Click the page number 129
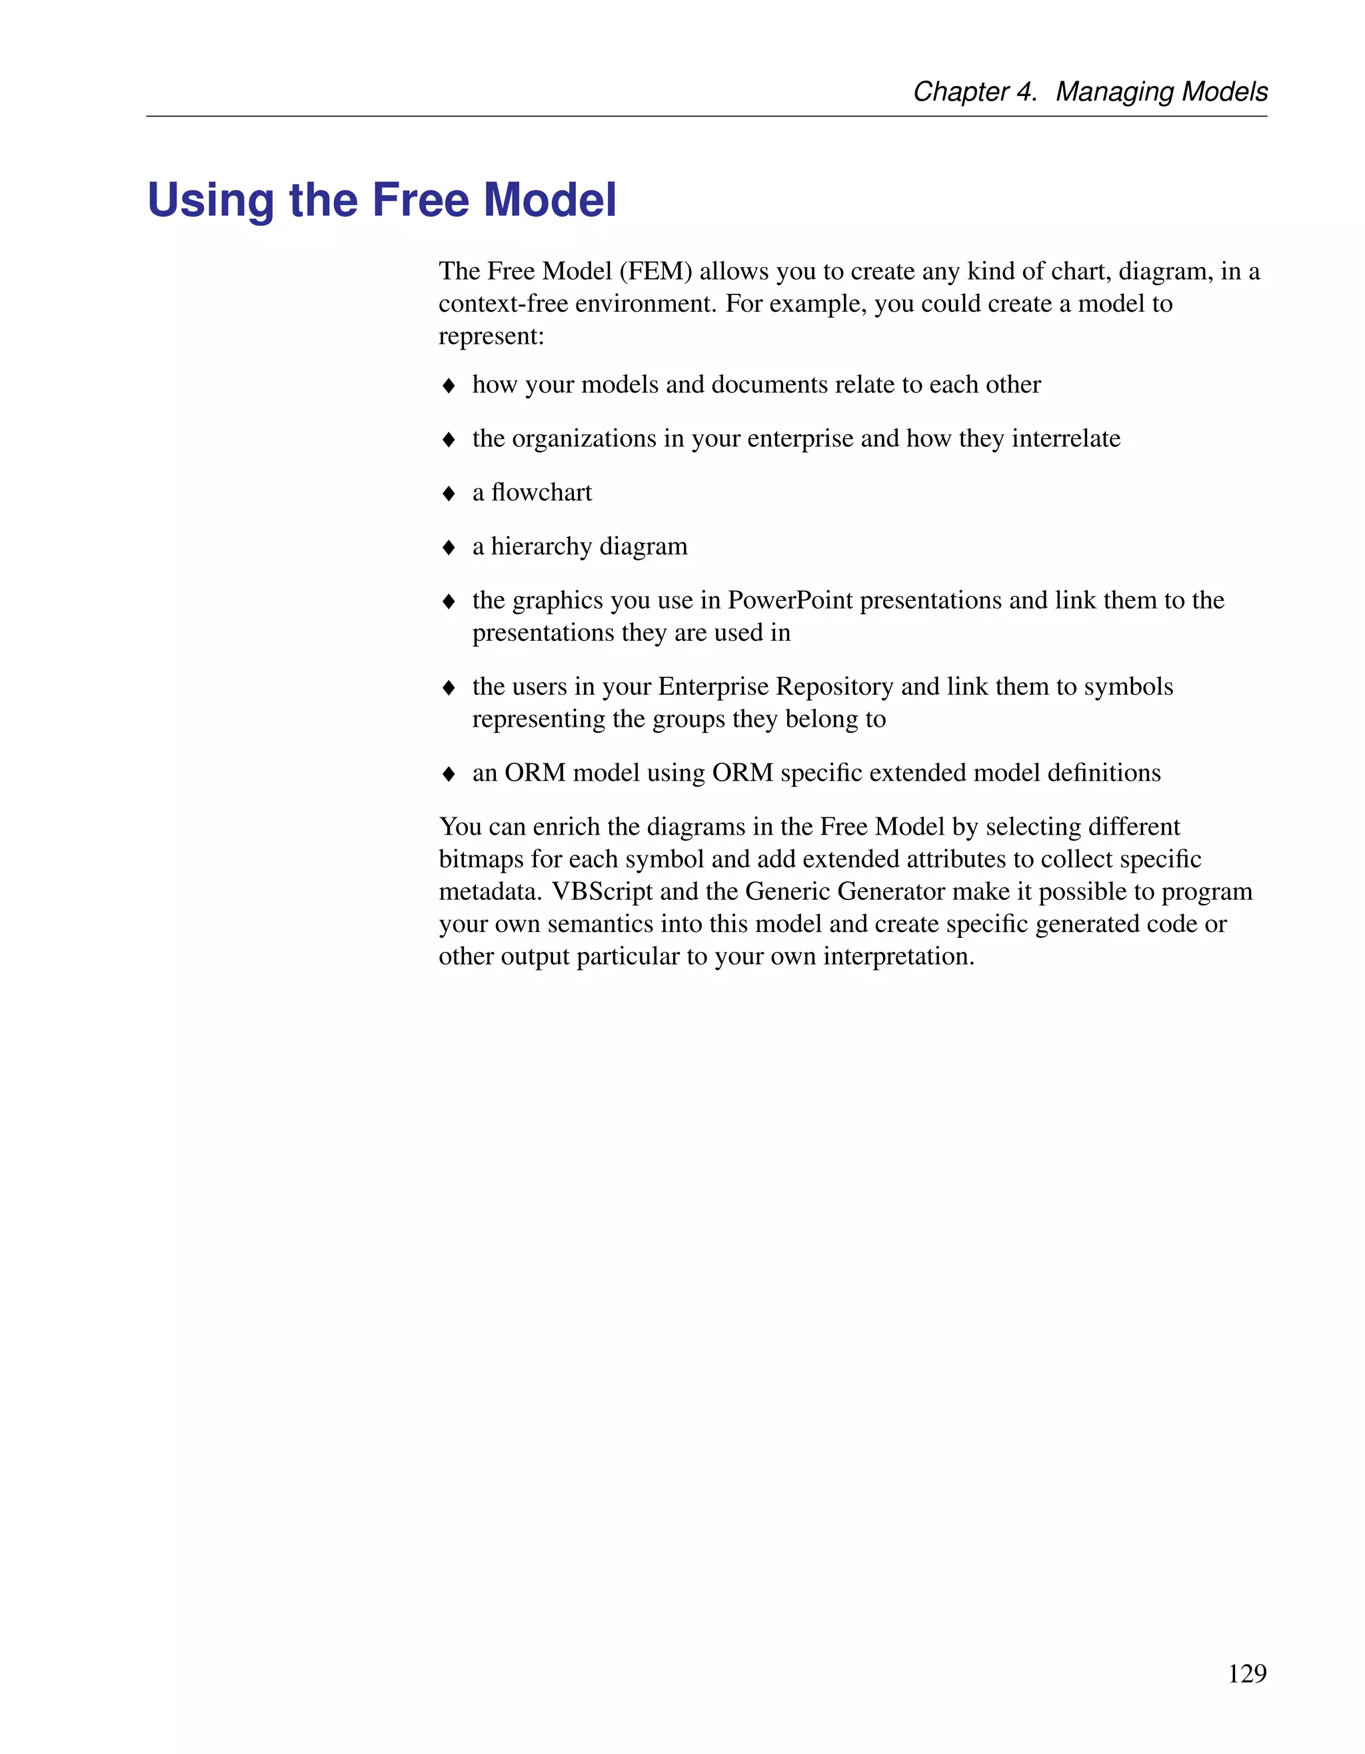(1247, 1673)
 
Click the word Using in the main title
(211, 201)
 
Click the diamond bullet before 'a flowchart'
(449, 493)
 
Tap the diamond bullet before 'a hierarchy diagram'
(449, 547)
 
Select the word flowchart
(541, 492)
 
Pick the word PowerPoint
(790, 600)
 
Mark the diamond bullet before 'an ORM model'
(449, 773)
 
